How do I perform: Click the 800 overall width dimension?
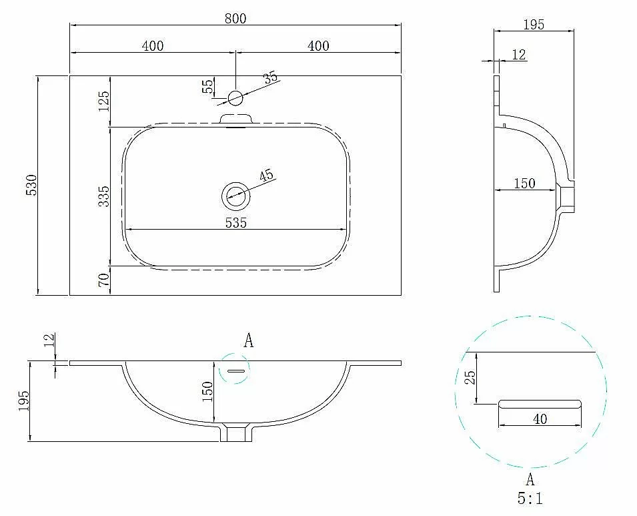click(235, 19)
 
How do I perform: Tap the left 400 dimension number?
click(153, 45)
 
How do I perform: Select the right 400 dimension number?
click(318, 45)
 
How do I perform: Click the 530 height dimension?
click(32, 185)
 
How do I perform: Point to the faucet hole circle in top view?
click(235, 98)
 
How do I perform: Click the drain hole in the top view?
click(235, 196)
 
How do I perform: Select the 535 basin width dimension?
click(236, 223)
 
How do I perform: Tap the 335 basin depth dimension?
click(104, 196)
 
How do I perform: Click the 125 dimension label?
click(104, 101)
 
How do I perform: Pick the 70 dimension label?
click(104, 280)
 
